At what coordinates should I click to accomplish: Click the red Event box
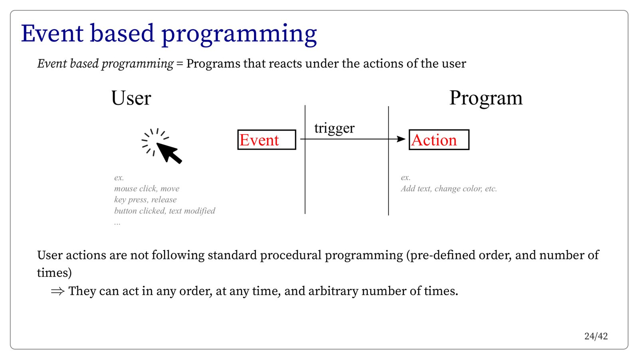coord(267,140)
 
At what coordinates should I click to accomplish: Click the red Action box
coord(439,140)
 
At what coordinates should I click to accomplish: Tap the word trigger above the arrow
coord(334,128)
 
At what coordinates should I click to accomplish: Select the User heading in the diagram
coord(131,98)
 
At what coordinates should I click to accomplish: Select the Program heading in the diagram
coord(486,99)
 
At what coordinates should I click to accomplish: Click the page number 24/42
coord(596,336)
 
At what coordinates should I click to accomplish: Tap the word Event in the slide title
coord(52,34)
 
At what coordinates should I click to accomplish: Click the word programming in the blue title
coord(239,35)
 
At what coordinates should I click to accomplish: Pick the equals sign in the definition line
coord(180,63)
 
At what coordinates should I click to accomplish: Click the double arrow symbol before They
coord(58,291)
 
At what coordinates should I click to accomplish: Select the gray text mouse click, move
coord(147,189)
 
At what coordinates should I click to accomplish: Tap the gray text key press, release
coord(145,200)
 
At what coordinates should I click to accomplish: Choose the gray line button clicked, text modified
coord(165,211)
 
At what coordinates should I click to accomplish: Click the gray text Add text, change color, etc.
coord(449,189)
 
